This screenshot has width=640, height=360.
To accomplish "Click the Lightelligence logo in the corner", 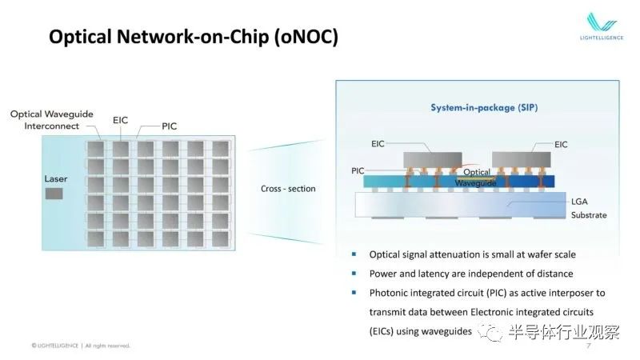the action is (602, 26).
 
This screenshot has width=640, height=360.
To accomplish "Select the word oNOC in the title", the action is (306, 37).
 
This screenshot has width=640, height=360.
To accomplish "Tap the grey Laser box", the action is (54, 194).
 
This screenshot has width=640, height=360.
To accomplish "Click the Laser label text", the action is (56, 178).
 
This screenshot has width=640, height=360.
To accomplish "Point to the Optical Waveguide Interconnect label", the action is (52, 119).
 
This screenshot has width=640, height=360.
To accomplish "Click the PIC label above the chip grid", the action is (170, 126).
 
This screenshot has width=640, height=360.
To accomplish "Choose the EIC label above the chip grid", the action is (121, 120).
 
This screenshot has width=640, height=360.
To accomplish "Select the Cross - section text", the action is (288, 189).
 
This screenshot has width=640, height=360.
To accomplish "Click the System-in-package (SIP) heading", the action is (484, 107).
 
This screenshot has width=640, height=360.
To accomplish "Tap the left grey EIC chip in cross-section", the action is (433, 159).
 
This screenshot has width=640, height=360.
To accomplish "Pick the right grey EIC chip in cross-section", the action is (522, 159).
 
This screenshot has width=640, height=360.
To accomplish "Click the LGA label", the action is (579, 202).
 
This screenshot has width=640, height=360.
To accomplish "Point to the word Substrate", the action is (589, 215).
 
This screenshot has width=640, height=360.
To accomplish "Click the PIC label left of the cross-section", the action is (358, 170).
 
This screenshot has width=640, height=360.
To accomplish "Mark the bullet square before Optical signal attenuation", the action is (354, 254).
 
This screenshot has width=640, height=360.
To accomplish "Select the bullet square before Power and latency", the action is (354, 273).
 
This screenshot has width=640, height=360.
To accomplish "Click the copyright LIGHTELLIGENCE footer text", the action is (54, 346).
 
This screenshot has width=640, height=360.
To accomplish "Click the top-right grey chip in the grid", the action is (221, 149).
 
